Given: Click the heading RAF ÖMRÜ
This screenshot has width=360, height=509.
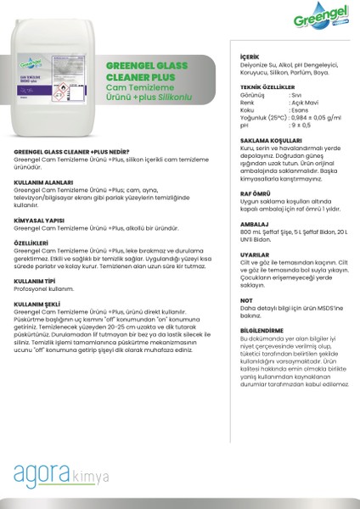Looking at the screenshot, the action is coord(246,193).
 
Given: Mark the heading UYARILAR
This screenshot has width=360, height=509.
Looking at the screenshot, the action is coord(245,254).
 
